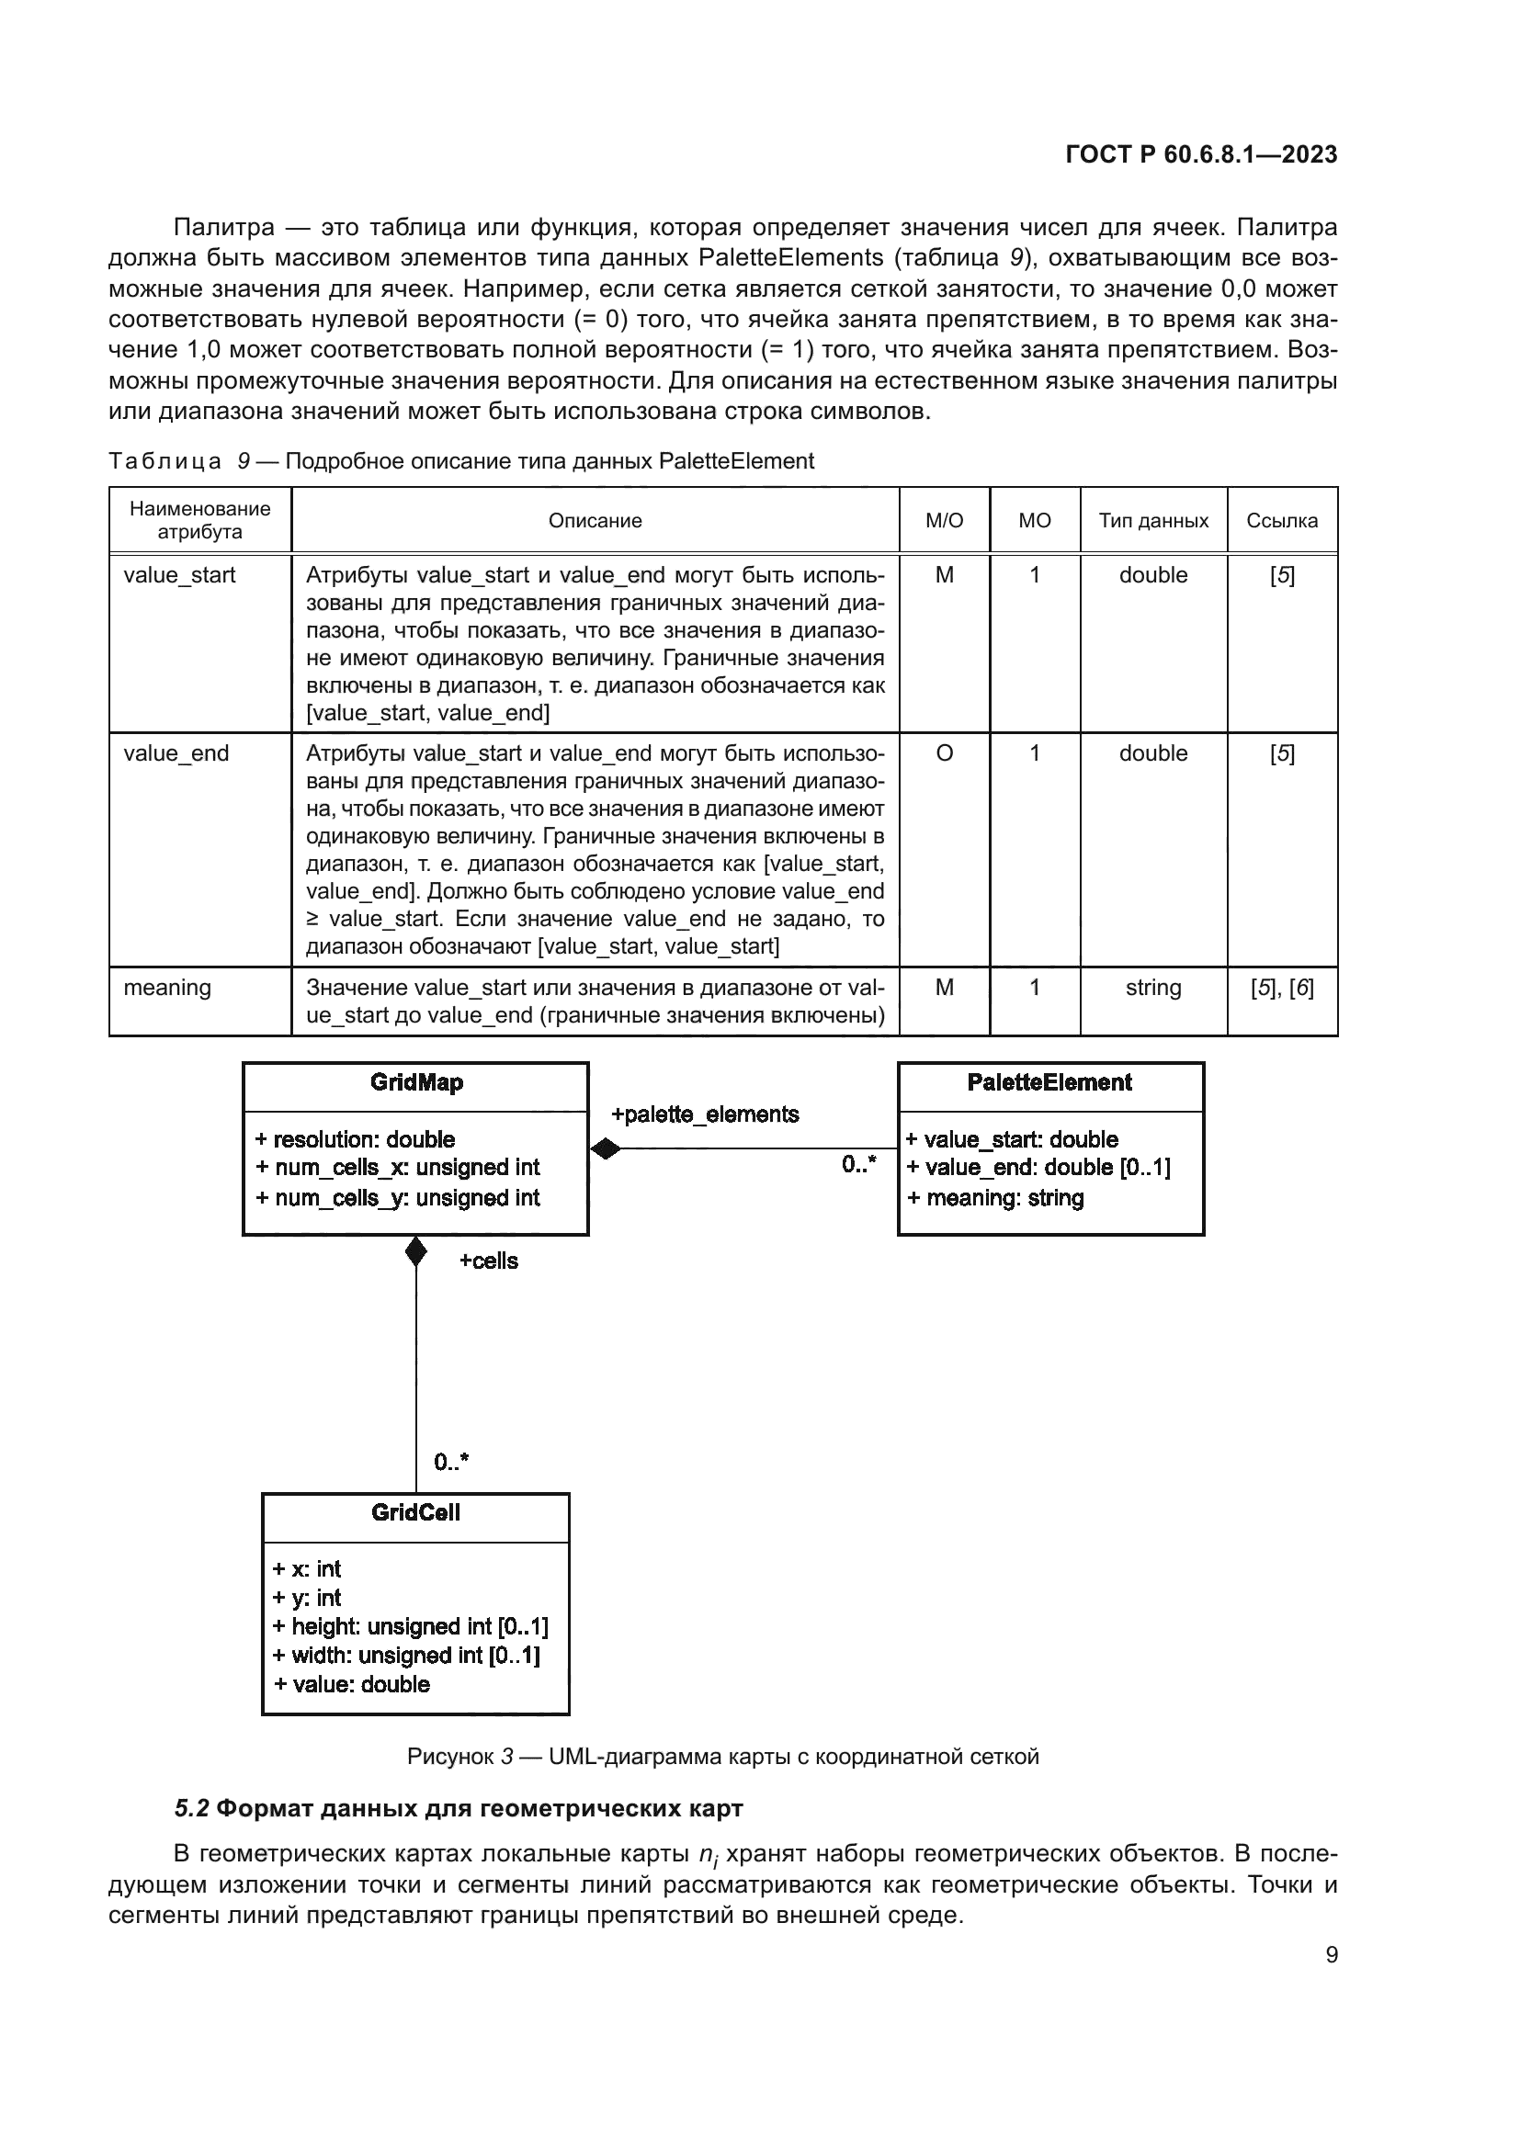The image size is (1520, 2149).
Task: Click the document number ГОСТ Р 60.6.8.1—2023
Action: (x=1201, y=154)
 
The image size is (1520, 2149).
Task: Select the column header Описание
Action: (x=595, y=520)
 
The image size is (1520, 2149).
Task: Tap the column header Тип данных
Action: (x=1153, y=520)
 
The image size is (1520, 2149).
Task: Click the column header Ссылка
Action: (x=1281, y=520)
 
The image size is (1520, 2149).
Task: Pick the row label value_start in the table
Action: (x=180, y=574)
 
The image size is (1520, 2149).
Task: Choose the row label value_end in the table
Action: (x=176, y=753)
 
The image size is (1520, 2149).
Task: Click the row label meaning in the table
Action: (x=167, y=988)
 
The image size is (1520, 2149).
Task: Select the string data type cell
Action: (x=1153, y=988)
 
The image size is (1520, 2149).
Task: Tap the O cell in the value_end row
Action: (x=945, y=753)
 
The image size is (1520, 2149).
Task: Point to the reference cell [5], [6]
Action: (x=1281, y=988)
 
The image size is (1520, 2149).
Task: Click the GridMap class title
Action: (x=416, y=1083)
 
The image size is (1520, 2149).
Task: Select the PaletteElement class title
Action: (x=1049, y=1083)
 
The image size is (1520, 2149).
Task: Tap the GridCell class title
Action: (x=415, y=1512)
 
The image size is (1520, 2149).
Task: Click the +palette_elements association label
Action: (x=705, y=1114)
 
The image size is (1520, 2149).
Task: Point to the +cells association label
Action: (x=489, y=1261)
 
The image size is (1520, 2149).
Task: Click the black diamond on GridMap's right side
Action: (x=606, y=1148)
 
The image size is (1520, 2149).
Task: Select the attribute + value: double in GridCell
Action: (x=352, y=1684)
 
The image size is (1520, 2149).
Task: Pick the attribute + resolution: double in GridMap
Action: (x=355, y=1139)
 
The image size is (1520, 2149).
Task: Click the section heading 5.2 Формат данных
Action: (x=459, y=1807)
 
